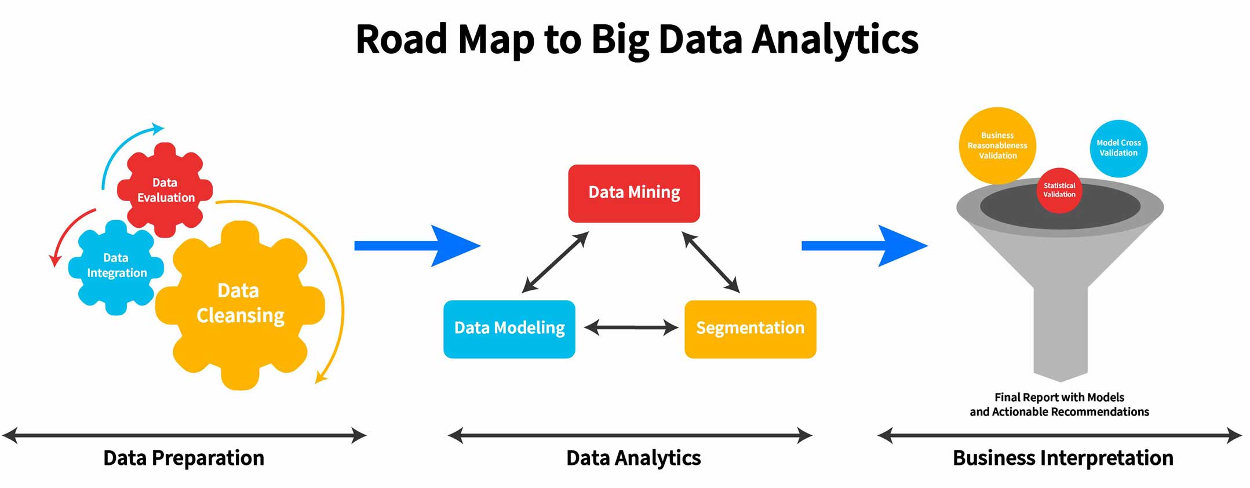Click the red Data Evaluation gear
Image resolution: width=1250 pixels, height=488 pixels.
[x=165, y=190]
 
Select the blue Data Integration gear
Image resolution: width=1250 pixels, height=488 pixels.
[x=116, y=265]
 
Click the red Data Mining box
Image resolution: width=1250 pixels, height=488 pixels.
[x=634, y=193]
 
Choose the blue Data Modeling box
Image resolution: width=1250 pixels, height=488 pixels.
[x=509, y=329]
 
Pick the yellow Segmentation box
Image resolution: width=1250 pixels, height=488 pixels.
[x=750, y=329]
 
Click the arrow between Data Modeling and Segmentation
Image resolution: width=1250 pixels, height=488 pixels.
[x=631, y=328]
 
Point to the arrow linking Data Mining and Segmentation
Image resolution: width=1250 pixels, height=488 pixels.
[x=710, y=262]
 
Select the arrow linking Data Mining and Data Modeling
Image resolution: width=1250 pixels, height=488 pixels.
[x=555, y=262]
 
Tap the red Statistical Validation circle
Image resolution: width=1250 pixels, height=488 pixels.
[x=1059, y=190]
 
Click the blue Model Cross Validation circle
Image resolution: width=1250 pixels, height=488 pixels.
[x=1118, y=148]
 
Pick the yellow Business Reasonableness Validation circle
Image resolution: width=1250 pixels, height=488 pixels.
[x=997, y=145]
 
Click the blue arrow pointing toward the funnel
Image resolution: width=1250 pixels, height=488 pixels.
[x=863, y=246]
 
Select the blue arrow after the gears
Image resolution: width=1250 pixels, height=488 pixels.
[x=417, y=246]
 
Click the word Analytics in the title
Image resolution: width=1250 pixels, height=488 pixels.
[x=834, y=39]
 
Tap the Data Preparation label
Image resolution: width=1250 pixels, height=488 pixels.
[x=184, y=458]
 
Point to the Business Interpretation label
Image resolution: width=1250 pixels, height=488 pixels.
[x=1063, y=458]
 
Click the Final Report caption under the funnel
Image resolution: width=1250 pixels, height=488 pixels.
[x=1059, y=405]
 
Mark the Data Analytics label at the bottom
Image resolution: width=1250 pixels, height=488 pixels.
[x=633, y=458]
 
